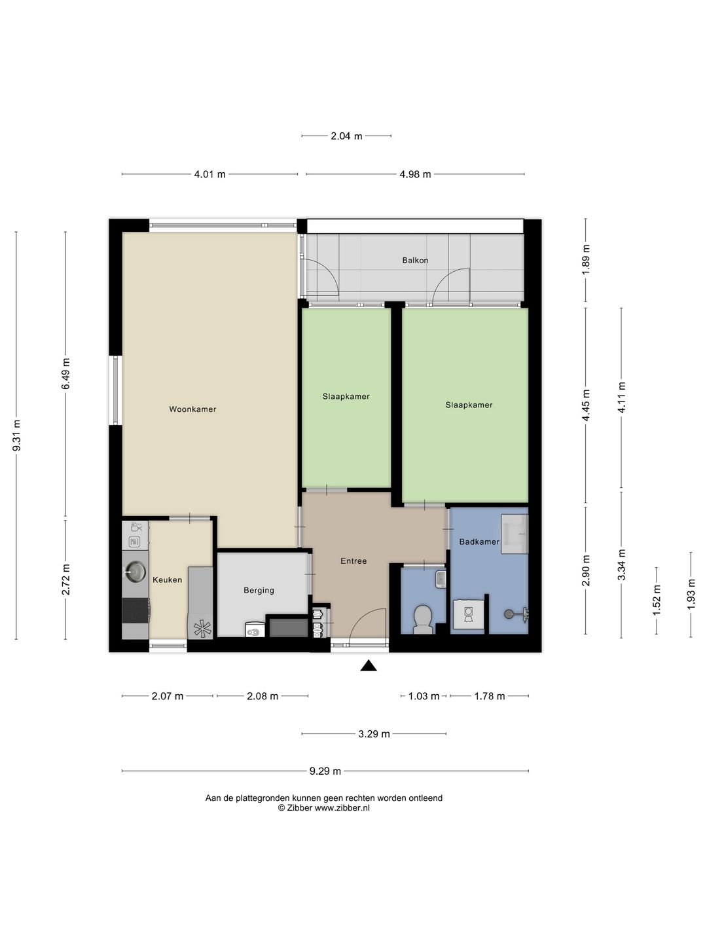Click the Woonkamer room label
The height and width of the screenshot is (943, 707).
pyautogui.click(x=192, y=409)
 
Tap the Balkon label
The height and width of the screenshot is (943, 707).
pyautogui.click(x=415, y=260)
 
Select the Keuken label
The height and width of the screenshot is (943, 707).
pyautogui.click(x=168, y=580)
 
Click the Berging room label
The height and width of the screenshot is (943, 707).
pyautogui.click(x=259, y=590)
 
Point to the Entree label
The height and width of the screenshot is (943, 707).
pyautogui.click(x=353, y=561)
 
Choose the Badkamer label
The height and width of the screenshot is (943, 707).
pyautogui.click(x=479, y=542)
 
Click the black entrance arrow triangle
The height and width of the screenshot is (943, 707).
pyautogui.click(x=369, y=666)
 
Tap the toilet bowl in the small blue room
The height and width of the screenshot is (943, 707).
pyautogui.click(x=424, y=619)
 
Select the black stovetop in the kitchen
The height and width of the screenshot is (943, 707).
pyautogui.click(x=136, y=610)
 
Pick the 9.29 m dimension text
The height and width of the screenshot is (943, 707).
pyautogui.click(x=325, y=771)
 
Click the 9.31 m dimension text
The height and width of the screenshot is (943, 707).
pyautogui.click(x=16, y=435)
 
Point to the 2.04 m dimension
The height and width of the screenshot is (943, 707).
pyautogui.click(x=346, y=136)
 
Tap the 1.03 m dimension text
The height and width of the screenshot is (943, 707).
pyautogui.click(x=424, y=696)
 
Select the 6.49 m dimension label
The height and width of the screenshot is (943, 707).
pyautogui.click(x=65, y=373)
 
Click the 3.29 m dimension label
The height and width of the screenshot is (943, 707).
pyautogui.click(x=374, y=734)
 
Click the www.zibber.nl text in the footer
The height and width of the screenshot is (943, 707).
pyautogui.click(x=342, y=808)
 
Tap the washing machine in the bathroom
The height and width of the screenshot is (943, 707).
pyautogui.click(x=468, y=616)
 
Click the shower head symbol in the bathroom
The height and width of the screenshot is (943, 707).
pyautogui.click(x=509, y=614)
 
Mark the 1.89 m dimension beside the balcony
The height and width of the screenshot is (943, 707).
pyautogui.click(x=586, y=260)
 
